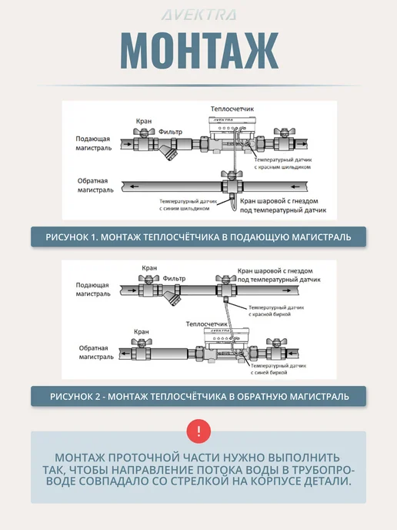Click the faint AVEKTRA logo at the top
coord(198,15)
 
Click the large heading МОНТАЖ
coord(199,51)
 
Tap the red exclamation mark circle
coord(198,431)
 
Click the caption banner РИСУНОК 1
coord(198,236)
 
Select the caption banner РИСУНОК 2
coord(198,396)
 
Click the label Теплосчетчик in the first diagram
coord(232,109)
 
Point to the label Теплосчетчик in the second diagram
coord(207,324)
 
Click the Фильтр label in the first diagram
coord(170,132)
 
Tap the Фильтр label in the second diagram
coord(174,279)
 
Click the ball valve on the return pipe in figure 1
coord(232,184)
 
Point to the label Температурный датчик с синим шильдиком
coord(188,205)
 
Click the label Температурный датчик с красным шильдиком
coord(283,163)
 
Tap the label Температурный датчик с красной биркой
coord(276,310)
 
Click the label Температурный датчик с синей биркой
coord(279,369)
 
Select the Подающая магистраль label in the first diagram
coord(93,143)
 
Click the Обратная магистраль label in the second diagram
coord(96,352)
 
